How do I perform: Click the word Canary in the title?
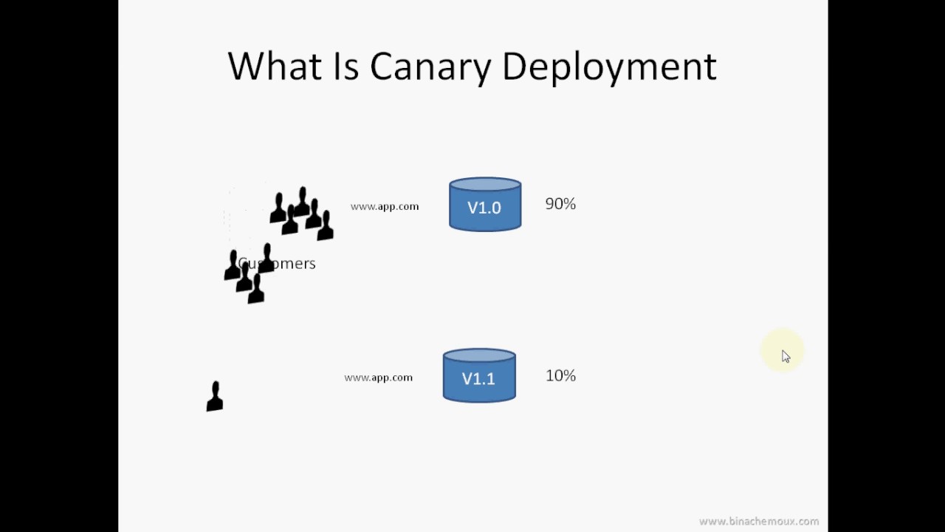430,67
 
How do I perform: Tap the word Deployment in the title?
609,67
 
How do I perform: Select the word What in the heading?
275,66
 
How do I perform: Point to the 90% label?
560,204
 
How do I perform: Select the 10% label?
560,376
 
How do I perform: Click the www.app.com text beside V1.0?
385,207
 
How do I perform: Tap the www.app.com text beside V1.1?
378,378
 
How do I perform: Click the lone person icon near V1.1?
215,397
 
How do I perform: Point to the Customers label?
277,264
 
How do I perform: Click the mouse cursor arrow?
785,356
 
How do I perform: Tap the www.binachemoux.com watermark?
758,522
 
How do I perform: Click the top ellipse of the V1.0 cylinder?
485,185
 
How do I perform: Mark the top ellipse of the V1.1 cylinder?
479,356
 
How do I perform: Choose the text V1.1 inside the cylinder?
478,379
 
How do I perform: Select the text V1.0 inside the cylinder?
484,208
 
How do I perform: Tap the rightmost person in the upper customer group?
325,226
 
